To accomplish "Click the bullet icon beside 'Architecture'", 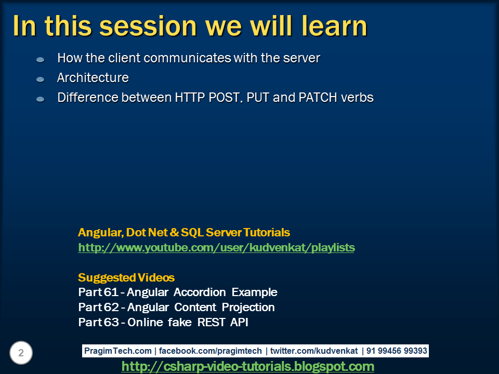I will point(41,79).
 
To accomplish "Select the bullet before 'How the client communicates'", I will point(41,60).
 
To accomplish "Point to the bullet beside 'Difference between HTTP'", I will point(41,99).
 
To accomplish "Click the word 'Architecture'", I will point(93,78).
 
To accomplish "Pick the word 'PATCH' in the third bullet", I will point(318,98).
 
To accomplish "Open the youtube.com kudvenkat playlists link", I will point(216,248).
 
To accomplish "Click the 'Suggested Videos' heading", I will point(126,277).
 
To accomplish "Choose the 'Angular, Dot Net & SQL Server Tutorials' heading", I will point(184,233).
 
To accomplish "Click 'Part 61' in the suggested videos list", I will point(98,292).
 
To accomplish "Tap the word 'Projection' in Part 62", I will point(248,308).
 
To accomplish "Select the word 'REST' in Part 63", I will point(212,323).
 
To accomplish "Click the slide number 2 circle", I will point(21,353).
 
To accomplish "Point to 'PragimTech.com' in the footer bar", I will point(118,351).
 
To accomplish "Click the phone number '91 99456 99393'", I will point(397,351).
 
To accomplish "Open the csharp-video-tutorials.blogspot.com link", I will point(247,367).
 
